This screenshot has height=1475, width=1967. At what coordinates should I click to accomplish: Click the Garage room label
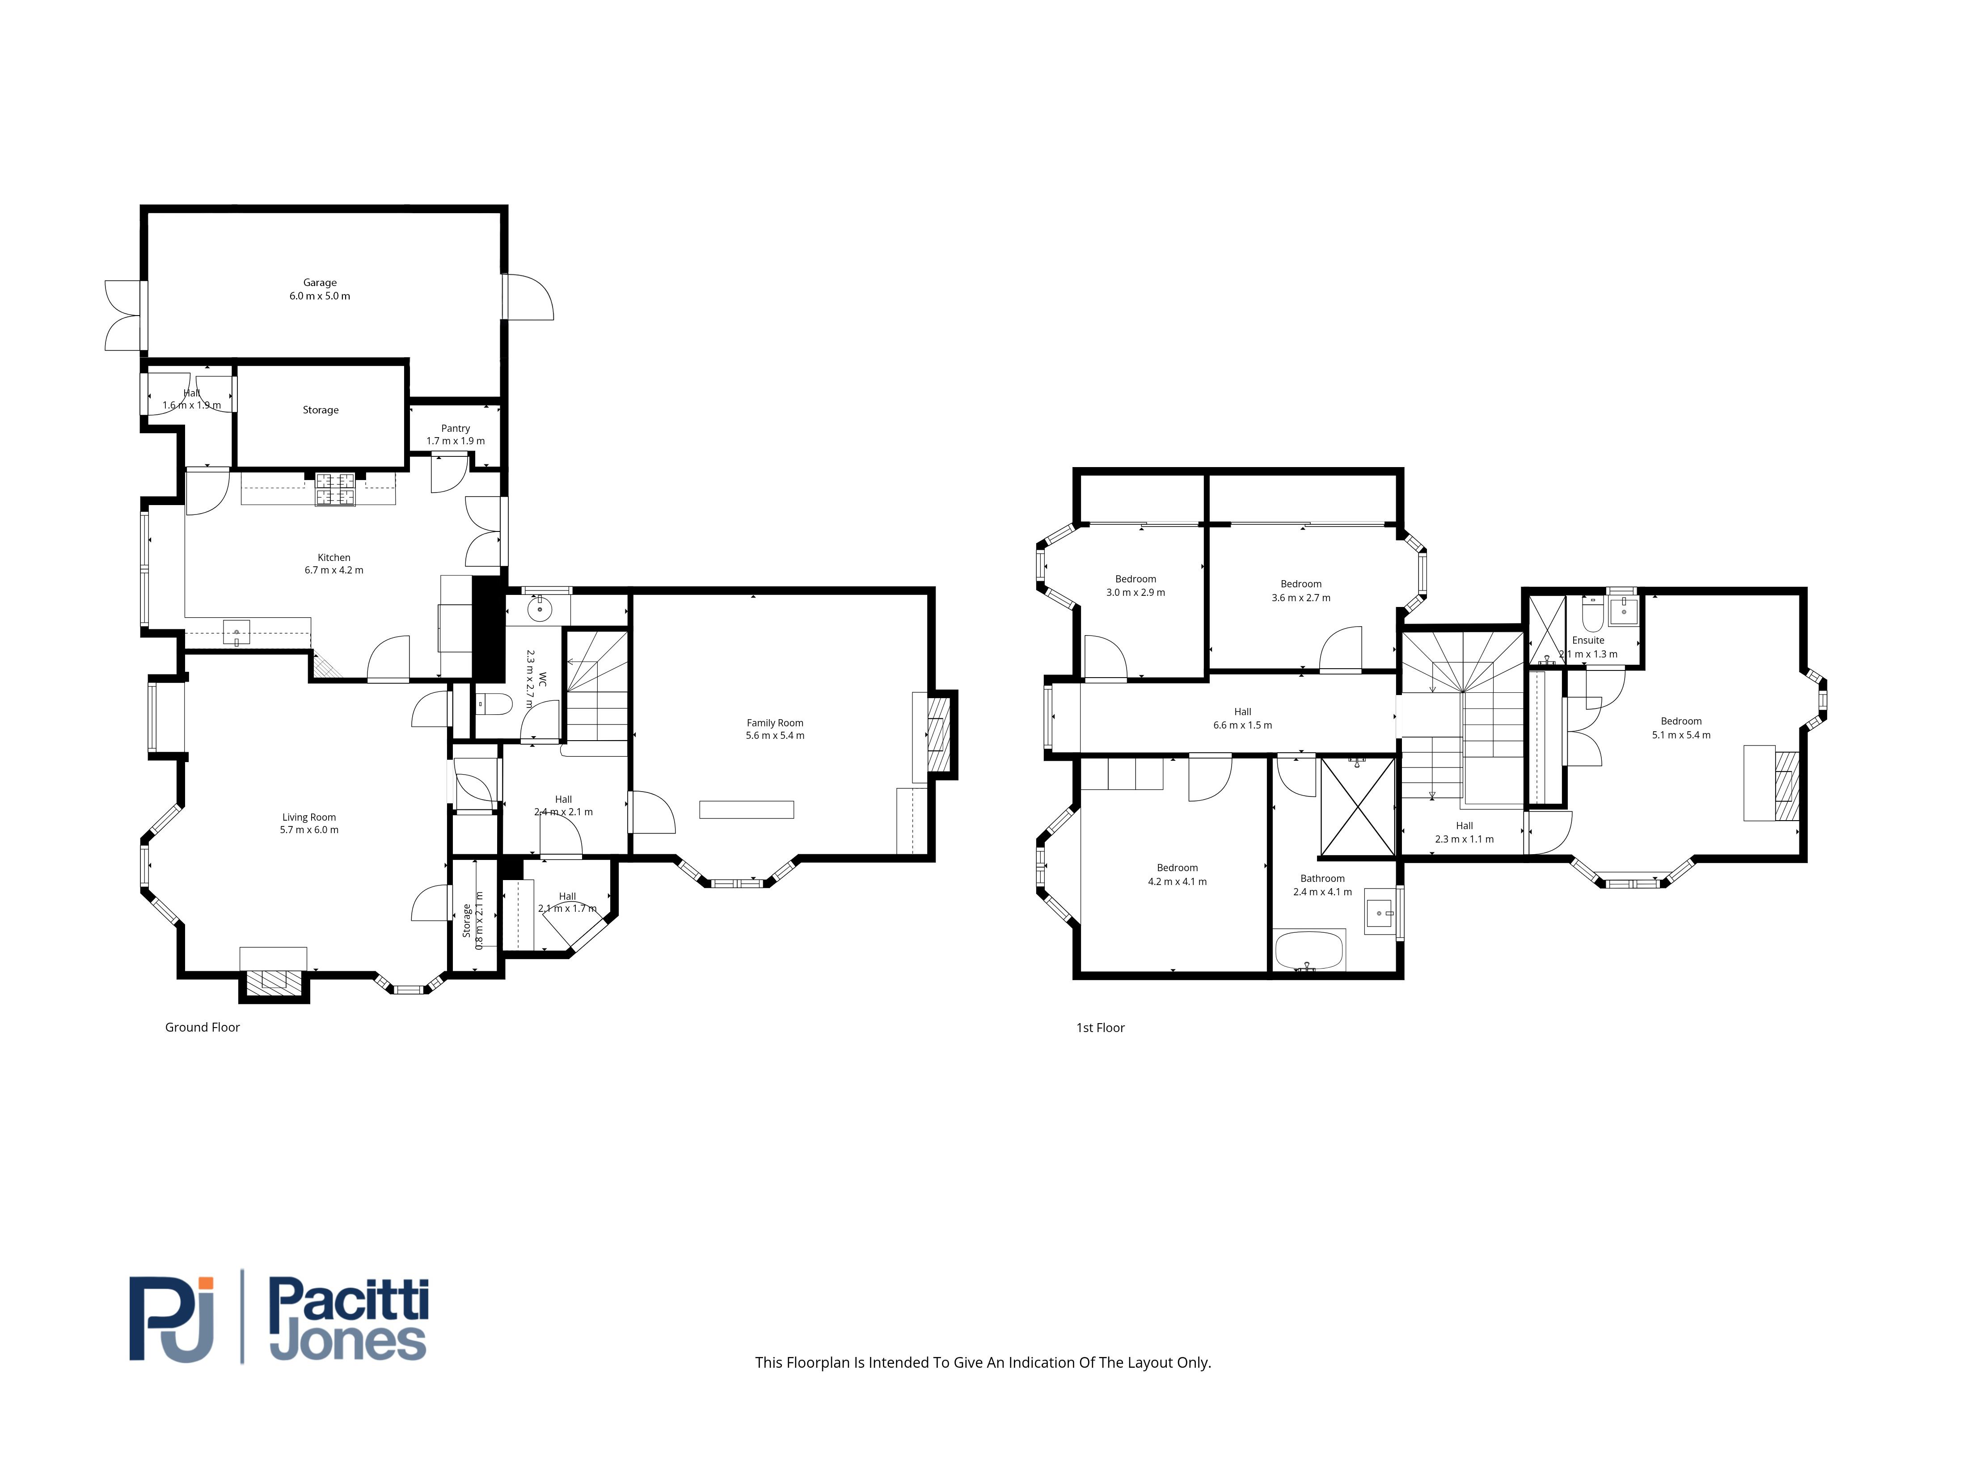click(320, 283)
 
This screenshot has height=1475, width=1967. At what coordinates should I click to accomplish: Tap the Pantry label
click(455, 429)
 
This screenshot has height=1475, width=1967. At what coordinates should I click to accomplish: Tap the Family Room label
click(776, 723)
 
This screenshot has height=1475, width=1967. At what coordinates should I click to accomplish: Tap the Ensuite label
click(1588, 640)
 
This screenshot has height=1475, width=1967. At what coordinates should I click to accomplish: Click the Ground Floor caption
click(203, 1027)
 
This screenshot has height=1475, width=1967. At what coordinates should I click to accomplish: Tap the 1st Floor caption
click(1101, 1028)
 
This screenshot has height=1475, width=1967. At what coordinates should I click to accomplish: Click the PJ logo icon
click(172, 1319)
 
